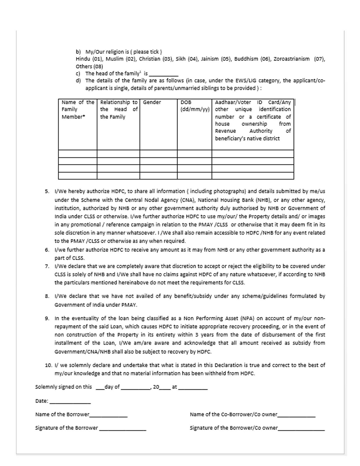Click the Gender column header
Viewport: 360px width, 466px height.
point(152,102)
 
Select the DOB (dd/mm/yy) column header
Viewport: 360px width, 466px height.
point(194,106)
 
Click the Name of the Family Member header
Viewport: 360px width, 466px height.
point(77,110)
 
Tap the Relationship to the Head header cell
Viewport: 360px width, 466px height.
point(118,110)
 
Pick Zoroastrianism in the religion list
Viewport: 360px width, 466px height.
point(291,59)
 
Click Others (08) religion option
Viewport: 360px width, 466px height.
point(89,66)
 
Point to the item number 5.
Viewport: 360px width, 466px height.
point(47,192)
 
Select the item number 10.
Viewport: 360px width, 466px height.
point(48,365)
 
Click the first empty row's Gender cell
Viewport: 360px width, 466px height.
point(158,154)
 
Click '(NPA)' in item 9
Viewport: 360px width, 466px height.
point(247,318)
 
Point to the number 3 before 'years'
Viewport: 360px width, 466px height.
point(197,335)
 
